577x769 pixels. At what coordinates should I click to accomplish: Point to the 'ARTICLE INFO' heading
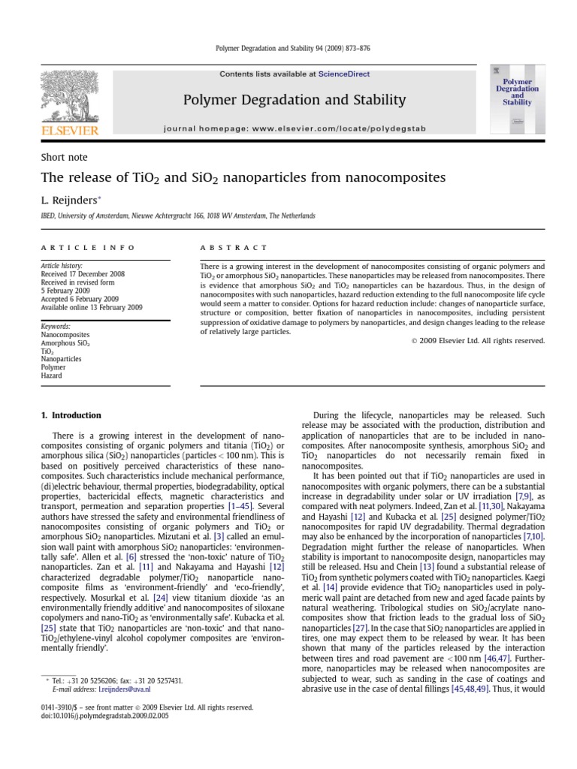coord(88,247)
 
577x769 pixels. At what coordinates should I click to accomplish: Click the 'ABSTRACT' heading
coord(234,247)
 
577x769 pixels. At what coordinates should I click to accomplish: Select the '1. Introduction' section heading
coord(71,415)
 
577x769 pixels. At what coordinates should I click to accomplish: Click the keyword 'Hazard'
coord(53,376)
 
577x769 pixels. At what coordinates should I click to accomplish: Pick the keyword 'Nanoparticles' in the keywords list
coord(62,360)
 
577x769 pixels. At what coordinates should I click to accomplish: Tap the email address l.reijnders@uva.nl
coord(125,689)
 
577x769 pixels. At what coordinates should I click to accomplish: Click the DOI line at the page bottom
coord(104,716)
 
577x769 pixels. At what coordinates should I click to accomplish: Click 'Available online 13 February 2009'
coord(91,307)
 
